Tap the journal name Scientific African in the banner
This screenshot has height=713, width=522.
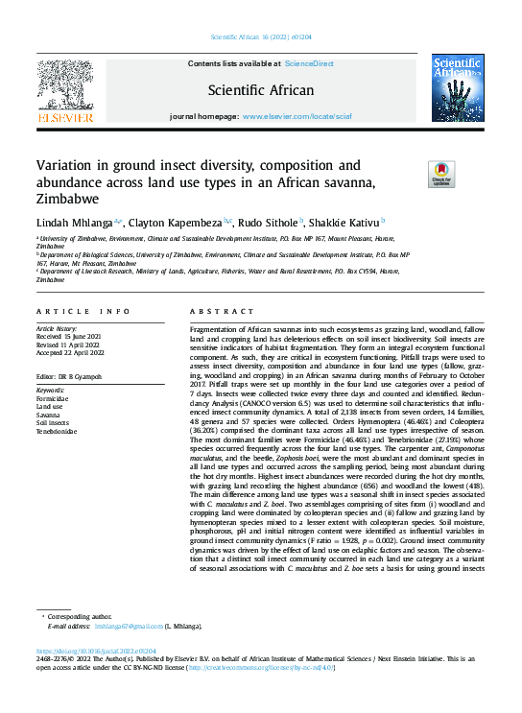[261, 91]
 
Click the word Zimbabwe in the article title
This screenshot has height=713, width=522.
[68, 200]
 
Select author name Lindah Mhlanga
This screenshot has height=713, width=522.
[75, 222]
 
